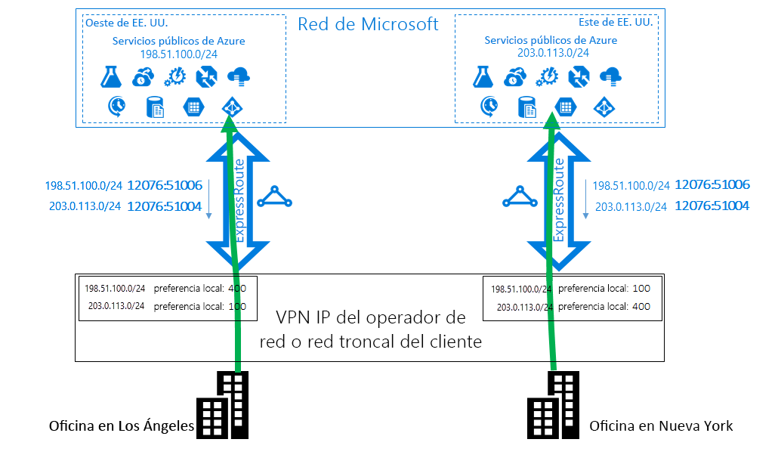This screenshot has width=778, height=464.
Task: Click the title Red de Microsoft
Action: click(367, 23)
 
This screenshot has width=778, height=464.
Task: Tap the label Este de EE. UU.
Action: click(616, 23)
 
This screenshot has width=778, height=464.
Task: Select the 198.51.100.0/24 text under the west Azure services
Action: click(178, 54)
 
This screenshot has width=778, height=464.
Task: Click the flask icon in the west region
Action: click(111, 76)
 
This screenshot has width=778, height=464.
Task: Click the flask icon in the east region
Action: click(483, 76)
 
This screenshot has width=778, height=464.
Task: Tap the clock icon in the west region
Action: click(117, 107)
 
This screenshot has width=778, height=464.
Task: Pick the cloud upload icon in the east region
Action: click(610, 76)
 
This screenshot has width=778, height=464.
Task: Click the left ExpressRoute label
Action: click(239, 200)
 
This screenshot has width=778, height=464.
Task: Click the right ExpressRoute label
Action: click(559, 200)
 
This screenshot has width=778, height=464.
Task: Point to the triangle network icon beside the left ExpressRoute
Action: click(273, 198)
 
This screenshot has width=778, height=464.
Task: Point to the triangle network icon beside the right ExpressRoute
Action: click(520, 198)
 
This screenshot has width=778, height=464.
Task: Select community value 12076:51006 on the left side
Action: click(164, 185)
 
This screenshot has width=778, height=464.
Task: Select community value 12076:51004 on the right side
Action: click(712, 206)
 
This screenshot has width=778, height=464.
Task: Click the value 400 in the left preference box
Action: click(237, 288)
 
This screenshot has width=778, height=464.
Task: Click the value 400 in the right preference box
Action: click(641, 307)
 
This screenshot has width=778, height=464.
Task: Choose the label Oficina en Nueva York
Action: click(661, 425)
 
